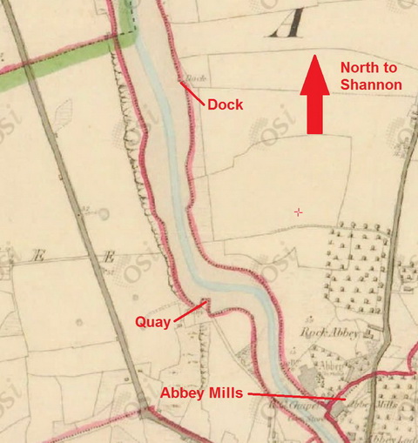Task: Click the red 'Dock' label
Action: point(225,104)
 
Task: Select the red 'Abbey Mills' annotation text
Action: point(203,393)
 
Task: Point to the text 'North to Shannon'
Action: point(370,76)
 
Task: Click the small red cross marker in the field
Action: point(299,211)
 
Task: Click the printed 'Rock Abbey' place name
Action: point(329,332)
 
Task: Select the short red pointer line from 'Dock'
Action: point(193,93)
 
